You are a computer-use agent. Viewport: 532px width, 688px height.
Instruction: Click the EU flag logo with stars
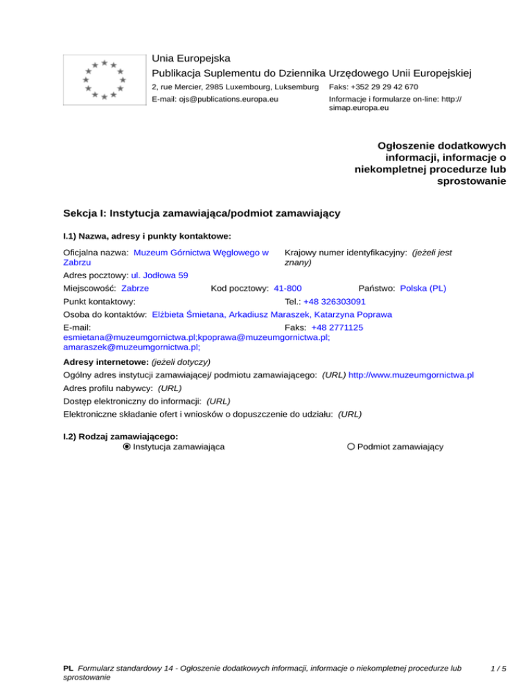click(x=104, y=80)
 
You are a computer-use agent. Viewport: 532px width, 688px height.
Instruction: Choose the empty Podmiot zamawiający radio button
click(x=351, y=446)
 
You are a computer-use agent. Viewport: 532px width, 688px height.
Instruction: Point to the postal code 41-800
click(x=287, y=288)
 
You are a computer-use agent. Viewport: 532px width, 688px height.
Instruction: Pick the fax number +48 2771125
click(x=337, y=327)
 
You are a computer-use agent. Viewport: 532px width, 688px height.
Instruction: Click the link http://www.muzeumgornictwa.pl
click(x=411, y=374)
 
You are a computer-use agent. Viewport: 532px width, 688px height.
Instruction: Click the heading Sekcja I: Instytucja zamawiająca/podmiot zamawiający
click(x=201, y=214)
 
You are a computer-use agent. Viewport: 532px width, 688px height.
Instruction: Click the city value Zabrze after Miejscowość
click(x=135, y=288)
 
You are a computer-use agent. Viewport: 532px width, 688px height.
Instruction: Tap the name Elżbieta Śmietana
click(x=189, y=314)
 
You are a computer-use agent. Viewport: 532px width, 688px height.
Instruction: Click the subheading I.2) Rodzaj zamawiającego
click(x=121, y=436)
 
